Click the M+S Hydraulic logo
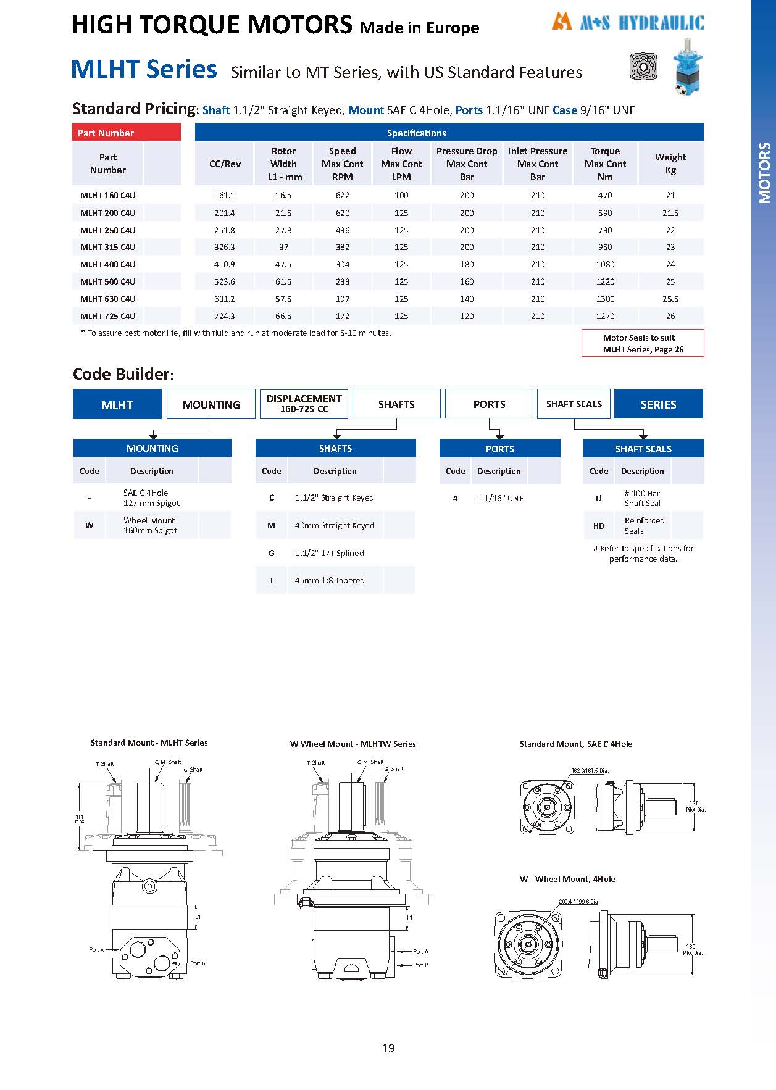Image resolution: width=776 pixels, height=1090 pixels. click(627, 23)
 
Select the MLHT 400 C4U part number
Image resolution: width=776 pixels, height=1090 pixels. click(108, 264)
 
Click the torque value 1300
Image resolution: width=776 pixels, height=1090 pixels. click(605, 299)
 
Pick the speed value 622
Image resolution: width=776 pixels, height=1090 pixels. click(343, 195)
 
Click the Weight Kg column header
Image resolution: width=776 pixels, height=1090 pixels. click(670, 164)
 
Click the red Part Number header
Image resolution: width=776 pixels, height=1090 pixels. click(127, 133)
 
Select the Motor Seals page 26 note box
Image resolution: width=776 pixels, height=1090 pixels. click(643, 343)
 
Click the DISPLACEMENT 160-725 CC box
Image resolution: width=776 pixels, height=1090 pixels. click(304, 404)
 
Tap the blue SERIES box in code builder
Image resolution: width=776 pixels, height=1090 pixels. click(658, 404)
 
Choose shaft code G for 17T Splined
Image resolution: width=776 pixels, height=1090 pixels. click(272, 553)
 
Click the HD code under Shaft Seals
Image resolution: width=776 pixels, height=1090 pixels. click(598, 526)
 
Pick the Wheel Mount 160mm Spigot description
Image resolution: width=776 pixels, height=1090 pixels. click(150, 525)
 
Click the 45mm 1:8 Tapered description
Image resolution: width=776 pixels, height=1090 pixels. click(330, 580)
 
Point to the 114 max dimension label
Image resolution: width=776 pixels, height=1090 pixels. click(79, 818)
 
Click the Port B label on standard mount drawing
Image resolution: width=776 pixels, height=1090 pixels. click(198, 963)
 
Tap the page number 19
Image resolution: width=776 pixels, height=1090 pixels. click(388, 1048)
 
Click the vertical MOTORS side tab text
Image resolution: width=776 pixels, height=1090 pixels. click(764, 173)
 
